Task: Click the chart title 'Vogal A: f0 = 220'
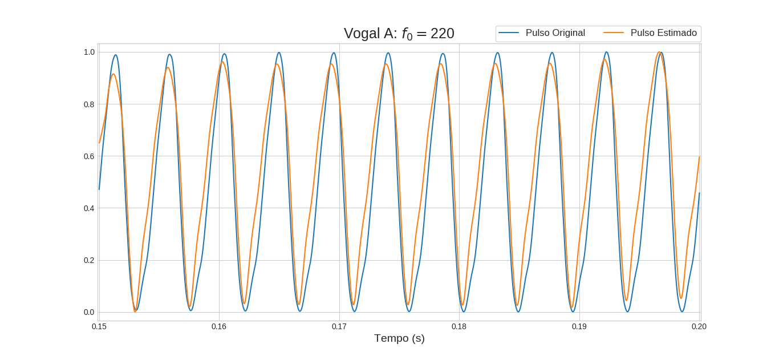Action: (399, 34)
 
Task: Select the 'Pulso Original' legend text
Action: (555, 33)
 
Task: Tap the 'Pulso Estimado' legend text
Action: (663, 33)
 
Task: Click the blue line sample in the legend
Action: (508, 33)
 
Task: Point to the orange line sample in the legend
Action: (614, 33)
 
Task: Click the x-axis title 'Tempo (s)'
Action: (399, 338)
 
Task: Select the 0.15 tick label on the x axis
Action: (99, 327)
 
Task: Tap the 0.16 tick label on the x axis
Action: (219, 327)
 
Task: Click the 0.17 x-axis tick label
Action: (339, 327)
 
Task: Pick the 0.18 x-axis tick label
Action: (459, 327)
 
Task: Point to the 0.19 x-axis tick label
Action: (579, 327)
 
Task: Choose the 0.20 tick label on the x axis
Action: (699, 327)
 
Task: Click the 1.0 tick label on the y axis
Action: (89, 52)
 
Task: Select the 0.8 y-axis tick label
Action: (89, 104)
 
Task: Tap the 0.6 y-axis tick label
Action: (89, 156)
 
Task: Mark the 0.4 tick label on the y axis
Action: (89, 208)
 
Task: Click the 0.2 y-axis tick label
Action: (89, 260)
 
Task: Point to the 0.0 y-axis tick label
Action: (89, 312)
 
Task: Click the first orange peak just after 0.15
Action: (113, 74)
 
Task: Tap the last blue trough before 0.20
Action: (682, 311)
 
